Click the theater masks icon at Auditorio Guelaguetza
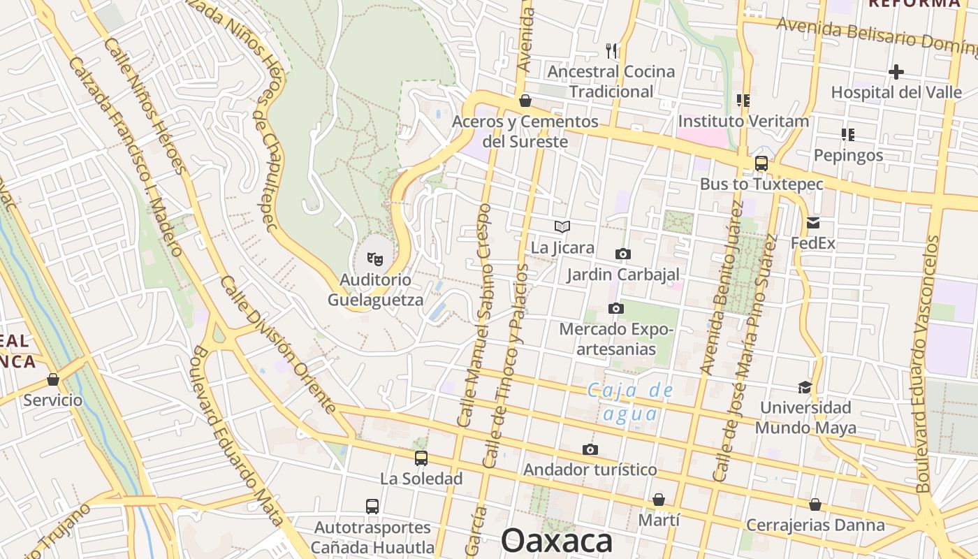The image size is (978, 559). point(375,259)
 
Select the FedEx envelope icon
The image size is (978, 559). point(812,223)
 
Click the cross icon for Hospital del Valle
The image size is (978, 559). point(896,71)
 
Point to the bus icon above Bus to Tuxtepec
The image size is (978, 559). point(761,164)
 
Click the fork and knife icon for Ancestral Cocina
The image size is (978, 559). point(611,50)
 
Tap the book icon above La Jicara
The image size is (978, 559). point(562,226)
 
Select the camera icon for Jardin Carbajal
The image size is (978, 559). point(622,254)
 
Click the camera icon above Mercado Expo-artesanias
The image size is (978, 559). point(615,308)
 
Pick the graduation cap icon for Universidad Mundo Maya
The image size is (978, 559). point(805,387)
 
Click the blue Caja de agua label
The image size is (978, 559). point(630,402)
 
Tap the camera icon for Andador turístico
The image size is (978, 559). point(590,449)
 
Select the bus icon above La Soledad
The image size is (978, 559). point(421,458)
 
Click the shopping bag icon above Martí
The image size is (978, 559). point(658,500)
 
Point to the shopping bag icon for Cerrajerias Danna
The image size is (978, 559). point(815,504)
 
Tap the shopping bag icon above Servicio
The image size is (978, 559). point(53,379)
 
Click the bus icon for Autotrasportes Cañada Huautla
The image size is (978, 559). point(372,506)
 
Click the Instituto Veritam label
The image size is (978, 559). point(743,121)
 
